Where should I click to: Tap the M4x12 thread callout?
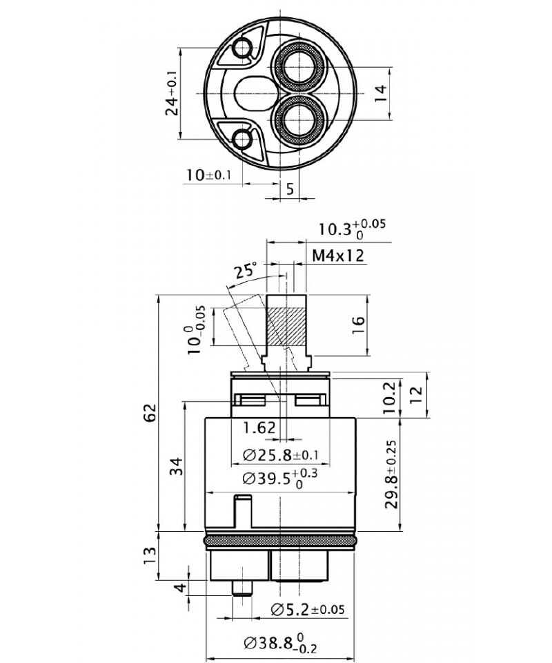[x=338, y=256]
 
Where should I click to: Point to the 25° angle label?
[x=246, y=270]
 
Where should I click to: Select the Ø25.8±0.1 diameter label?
[x=280, y=455]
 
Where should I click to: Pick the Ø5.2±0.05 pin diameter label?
[x=308, y=609]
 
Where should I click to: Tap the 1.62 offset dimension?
[x=259, y=428]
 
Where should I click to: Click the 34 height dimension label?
[x=178, y=466]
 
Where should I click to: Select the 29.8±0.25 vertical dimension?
[x=391, y=474]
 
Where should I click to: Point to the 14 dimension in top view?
[x=380, y=93]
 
